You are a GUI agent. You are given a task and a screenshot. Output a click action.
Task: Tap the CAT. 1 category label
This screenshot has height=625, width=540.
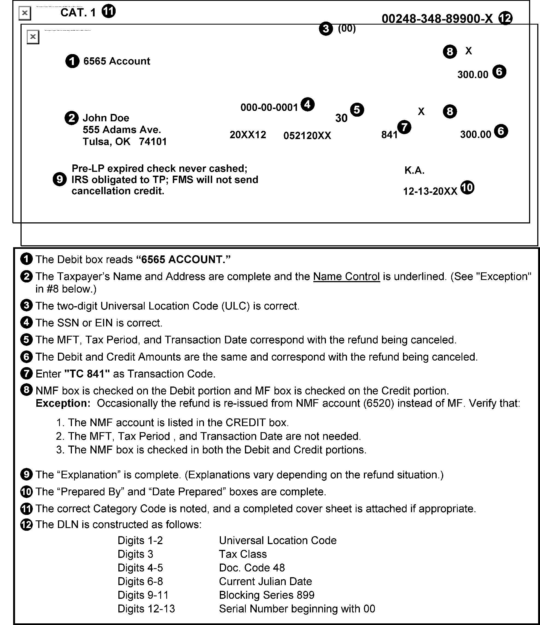(78, 13)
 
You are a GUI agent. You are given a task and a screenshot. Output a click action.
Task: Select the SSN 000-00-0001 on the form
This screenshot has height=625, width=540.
(269, 107)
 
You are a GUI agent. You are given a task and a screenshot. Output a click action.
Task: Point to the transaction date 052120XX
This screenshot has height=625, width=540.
(307, 136)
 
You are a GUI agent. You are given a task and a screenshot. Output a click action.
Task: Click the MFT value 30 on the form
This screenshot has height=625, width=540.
(341, 118)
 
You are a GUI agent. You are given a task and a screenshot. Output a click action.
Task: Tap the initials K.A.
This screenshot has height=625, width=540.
(414, 171)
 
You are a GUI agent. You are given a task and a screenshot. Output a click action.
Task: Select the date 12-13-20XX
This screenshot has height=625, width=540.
(430, 191)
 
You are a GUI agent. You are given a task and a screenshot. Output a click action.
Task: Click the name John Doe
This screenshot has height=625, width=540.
(106, 118)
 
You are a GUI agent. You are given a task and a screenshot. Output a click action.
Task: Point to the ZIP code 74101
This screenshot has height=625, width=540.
(153, 141)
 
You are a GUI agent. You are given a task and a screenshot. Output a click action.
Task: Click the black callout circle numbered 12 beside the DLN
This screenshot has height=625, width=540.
(506, 18)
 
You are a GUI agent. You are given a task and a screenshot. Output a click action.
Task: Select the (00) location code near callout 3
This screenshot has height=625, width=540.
(346, 28)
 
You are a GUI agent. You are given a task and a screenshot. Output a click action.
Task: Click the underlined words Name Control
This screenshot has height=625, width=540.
(346, 277)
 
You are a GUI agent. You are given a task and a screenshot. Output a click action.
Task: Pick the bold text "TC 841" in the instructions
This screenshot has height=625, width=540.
(87, 374)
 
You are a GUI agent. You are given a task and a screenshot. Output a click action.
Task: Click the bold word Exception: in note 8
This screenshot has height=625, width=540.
(63, 403)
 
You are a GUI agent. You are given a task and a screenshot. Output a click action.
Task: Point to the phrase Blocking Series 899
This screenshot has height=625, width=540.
(267, 595)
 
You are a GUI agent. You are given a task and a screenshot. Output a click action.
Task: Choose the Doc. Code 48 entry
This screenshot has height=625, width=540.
(252, 568)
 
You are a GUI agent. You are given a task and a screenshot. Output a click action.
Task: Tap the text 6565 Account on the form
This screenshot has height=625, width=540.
(116, 61)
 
